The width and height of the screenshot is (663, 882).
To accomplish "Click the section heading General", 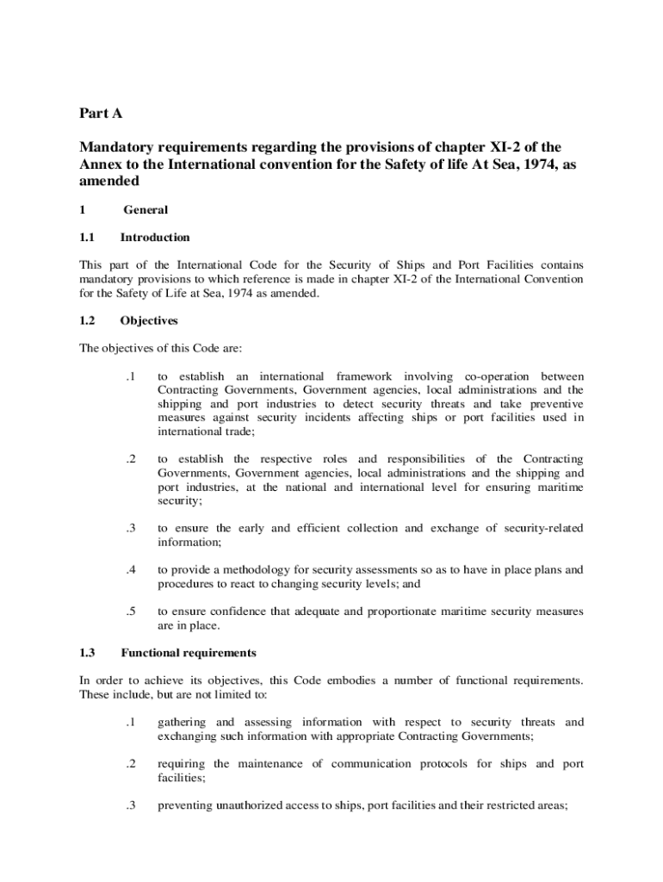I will (x=146, y=209).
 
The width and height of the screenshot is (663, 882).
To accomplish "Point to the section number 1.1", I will (x=87, y=237).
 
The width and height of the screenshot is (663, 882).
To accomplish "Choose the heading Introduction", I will (x=155, y=237).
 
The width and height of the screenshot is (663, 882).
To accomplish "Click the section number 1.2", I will (x=88, y=320).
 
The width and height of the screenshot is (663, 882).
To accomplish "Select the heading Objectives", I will (x=149, y=320).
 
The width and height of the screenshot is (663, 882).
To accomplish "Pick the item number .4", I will (x=130, y=569).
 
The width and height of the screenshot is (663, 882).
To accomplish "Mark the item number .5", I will (x=130, y=611).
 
